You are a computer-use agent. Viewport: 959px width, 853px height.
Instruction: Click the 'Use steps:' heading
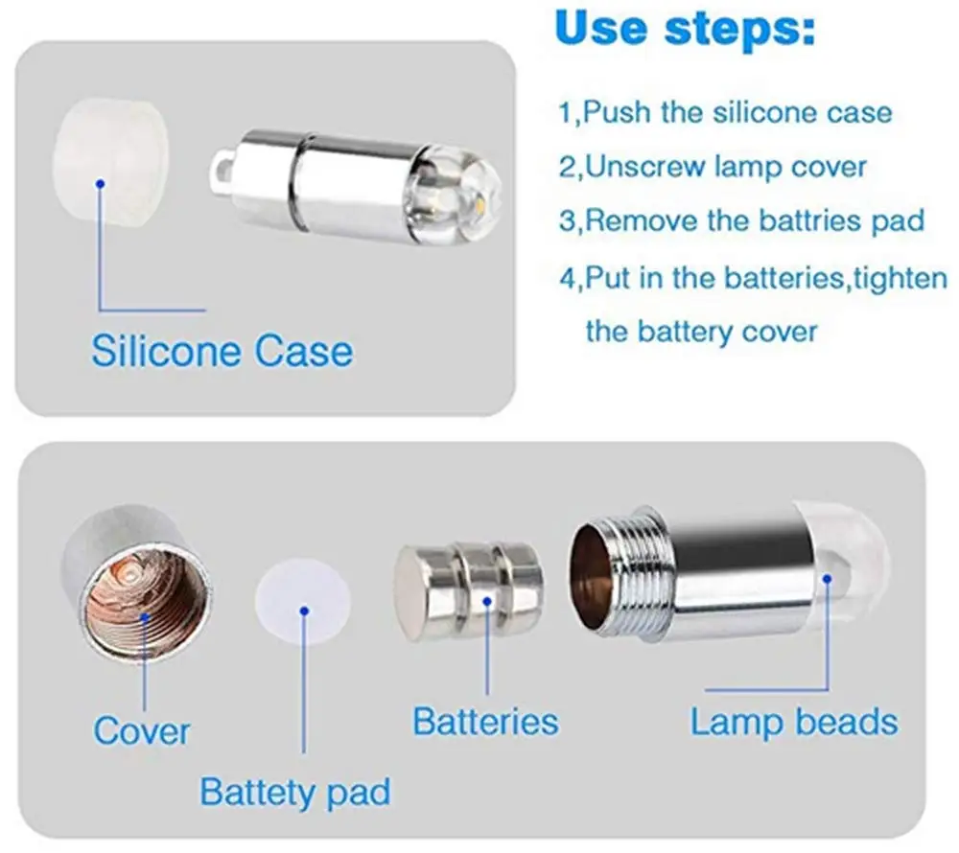[x=685, y=30]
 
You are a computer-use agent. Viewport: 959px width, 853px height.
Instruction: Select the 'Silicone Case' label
[x=222, y=351]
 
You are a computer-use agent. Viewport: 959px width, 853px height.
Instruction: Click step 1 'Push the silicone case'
[x=725, y=112]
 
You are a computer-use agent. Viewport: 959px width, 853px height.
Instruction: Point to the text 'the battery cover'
[x=701, y=332]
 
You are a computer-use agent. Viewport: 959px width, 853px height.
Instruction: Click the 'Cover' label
[x=141, y=731]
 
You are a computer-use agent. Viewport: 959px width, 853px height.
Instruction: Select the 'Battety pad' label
[x=294, y=793]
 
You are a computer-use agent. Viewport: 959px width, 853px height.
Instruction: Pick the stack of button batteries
[x=470, y=592]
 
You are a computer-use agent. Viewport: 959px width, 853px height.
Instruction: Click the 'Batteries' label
[x=485, y=722]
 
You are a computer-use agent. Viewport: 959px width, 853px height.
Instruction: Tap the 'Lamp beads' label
[x=793, y=722]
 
